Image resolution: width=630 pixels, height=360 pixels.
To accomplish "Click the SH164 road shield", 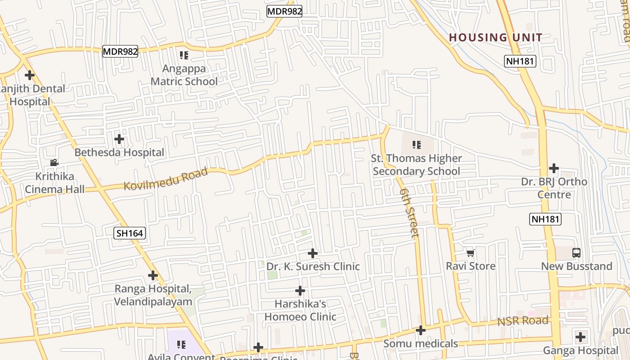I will coord(130,233).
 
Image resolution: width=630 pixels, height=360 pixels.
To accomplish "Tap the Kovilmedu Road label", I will coord(166,179).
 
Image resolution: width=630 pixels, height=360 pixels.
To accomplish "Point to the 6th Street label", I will coord(409,213).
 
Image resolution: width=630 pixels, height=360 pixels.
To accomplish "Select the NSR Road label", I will coord(522,321).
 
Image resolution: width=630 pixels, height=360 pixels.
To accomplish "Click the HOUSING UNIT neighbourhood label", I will coord(495,37).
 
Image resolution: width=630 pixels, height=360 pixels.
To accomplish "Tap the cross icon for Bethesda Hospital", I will coord(119,139).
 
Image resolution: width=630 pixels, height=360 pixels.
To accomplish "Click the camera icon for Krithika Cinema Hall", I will coord(54,163).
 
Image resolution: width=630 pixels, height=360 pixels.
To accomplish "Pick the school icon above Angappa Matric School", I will coord(184,55).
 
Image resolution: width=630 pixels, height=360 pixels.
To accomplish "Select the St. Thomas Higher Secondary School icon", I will coord(417,145).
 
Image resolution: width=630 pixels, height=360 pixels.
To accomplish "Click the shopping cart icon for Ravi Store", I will coord(470,253).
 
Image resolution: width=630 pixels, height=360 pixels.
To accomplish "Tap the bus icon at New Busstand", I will coord(576,253).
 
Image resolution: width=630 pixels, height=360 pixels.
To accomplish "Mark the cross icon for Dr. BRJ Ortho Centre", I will coord(554,169).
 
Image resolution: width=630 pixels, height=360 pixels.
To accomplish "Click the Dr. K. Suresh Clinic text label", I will coord(313,266).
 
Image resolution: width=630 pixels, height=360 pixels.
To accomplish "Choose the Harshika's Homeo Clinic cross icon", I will coord(300,291).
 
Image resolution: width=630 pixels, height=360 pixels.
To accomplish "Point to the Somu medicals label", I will coord(420,344).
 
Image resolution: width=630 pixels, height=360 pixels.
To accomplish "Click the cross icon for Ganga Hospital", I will coord(580,337).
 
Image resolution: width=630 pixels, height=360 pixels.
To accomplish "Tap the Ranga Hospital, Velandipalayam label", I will coord(153,295).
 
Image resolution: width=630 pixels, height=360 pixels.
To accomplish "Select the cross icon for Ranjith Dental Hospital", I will coord(30,75).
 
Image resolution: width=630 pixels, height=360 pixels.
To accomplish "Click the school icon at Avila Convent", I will coord(181,345).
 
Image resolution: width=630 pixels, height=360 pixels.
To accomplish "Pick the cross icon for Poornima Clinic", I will coord(258,347).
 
